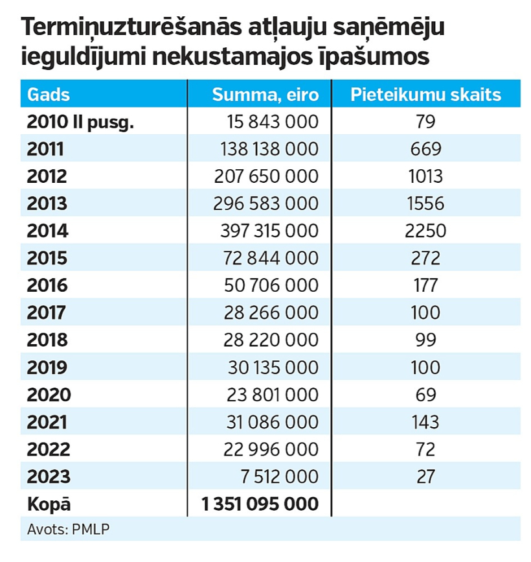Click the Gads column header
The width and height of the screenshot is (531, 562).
pos(49,95)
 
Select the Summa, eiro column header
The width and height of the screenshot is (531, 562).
pos(265,95)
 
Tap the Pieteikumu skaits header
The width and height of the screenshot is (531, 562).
pos(425,95)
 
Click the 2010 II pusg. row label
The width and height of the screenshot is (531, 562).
pos(80,123)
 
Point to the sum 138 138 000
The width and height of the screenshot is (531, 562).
pos(269,148)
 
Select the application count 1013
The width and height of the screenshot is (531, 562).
pos(425,176)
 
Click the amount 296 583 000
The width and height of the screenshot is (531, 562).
pos(265,204)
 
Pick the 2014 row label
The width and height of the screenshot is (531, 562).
pos(47,231)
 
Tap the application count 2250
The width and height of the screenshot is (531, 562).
pos(425,231)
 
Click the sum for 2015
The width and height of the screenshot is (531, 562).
pos(271,258)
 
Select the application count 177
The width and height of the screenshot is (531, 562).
pos(425,285)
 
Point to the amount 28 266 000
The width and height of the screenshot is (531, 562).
pos(271,312)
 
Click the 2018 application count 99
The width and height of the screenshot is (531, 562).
pos(425,340)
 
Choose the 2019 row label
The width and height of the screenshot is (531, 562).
pos(47,368)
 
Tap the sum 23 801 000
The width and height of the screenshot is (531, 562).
pos(273,395)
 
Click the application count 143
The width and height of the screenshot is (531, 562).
pos(425,422)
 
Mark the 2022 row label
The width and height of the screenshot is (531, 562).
pos(49,449)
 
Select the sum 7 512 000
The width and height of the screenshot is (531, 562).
pos(280,476)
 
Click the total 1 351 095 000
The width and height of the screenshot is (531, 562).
pos(260,504)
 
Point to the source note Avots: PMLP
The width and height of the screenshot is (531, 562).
pos(69,530)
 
